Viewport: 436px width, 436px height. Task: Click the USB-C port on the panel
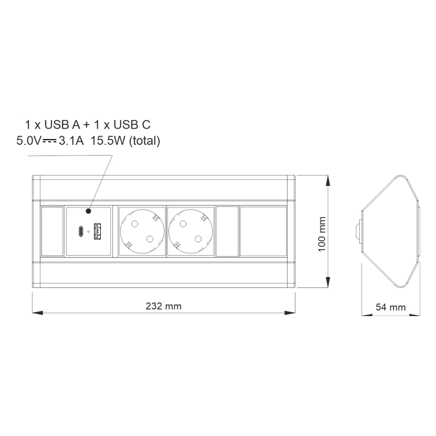[80, 231]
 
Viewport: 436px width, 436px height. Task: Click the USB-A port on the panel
[97, 231]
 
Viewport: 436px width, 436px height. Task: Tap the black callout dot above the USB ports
[88, 211]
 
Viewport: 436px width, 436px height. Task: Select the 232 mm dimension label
[163, 306]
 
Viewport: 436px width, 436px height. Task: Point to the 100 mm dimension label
[322, 234]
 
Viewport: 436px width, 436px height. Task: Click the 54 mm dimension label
[391, 307]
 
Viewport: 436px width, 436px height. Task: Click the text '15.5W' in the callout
[108, 141]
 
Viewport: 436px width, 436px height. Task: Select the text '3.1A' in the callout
[71, 141]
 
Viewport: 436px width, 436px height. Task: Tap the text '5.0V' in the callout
[29, 141]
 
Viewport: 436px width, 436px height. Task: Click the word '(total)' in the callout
[144, 141]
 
